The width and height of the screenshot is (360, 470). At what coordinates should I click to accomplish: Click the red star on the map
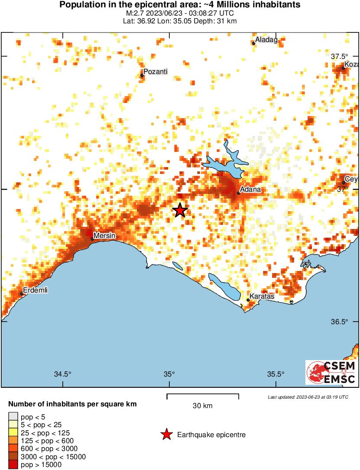pyautogui.click(x=180, y=210)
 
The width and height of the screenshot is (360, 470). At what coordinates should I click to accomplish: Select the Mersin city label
pyautogui.click(x=104, y=235)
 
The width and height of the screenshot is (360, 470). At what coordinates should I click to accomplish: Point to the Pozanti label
pyautogui.click(x=155, y=72)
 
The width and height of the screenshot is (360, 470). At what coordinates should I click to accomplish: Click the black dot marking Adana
pyautogui.click(x=238, y=193)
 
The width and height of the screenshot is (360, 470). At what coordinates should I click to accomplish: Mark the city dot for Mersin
pyautogui.click(x=92, y=238)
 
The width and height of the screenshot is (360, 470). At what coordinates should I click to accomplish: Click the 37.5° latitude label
pyautogui.click(x=340, y=57)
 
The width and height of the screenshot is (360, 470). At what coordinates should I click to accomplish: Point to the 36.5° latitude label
pyautogui.click(x=339, y=322)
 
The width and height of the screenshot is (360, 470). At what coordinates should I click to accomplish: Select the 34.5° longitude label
pyautogui.click(x=63, y=374)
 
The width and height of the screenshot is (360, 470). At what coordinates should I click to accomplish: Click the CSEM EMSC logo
pyautogui.click(x=331, y=373)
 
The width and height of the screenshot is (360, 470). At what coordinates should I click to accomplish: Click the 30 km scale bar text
pyautogui.click(x=203, y=406)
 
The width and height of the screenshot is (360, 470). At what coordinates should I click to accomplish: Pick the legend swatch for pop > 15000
pyautogui.click(x=13, y=464)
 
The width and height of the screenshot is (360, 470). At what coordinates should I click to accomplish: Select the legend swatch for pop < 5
pyautogui.click(x=13, y=417)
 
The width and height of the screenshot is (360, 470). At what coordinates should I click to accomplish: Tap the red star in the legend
pyautogui.click(x=166, y=435)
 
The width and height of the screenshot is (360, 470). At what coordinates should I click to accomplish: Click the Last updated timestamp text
pyautogui.click(x=308, y=397)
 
